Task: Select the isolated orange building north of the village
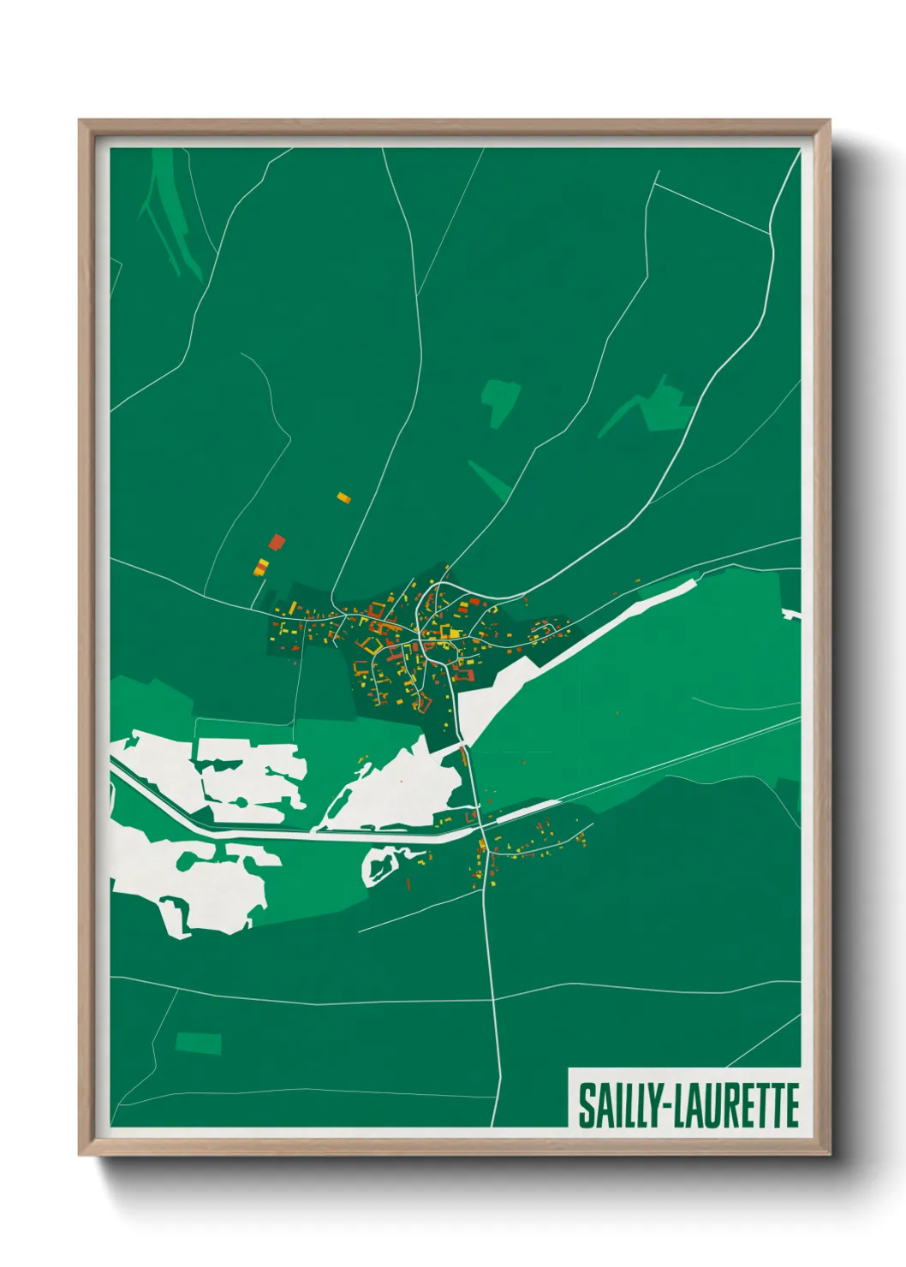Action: (x=343, y=497)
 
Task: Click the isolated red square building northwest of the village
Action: (x=276, y=542)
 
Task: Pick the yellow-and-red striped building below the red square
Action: (x=262, y=566)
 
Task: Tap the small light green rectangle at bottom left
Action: (x=199, y=1043)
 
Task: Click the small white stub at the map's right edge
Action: (x=791, y=614)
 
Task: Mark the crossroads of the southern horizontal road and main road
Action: (x=493, y=998)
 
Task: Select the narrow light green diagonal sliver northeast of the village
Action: (x=489, y=479)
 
